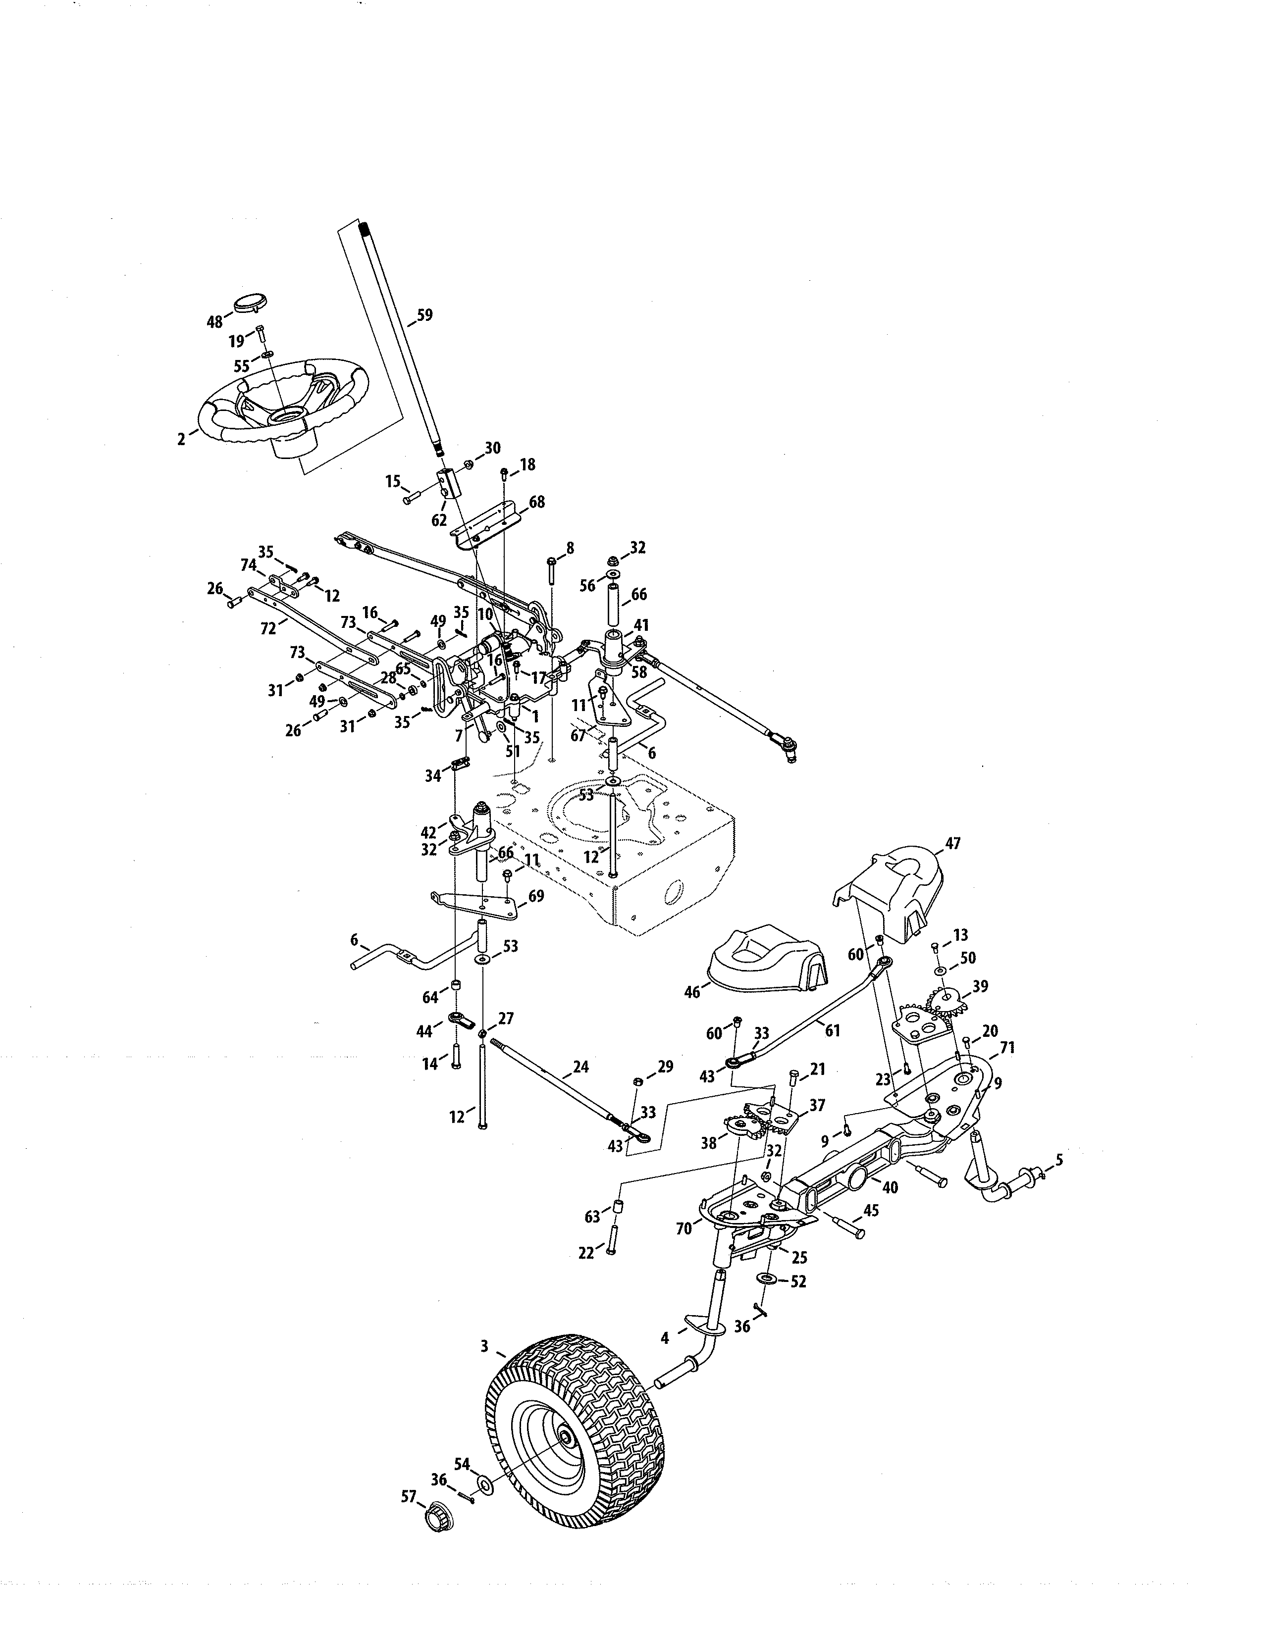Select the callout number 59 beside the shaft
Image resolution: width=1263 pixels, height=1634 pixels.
click(x=424, y=315)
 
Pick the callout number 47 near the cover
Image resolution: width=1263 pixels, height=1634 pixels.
click(x=952, y=843)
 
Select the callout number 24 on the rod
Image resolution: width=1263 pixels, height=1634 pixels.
click(x=580, y=1067)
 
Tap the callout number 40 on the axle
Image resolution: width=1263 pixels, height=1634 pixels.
click(x=890, y=1186)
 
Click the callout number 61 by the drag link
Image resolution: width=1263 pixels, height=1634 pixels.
click(x=832, y=1031)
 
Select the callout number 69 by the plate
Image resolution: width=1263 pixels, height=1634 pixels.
click(x=536, y=896)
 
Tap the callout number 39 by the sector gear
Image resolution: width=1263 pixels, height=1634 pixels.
click(x=980, y=986)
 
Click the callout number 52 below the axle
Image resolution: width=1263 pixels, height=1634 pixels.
click(x=798, y=1281)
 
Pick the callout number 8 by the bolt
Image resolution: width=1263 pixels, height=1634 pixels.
click(x=570, y=549)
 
